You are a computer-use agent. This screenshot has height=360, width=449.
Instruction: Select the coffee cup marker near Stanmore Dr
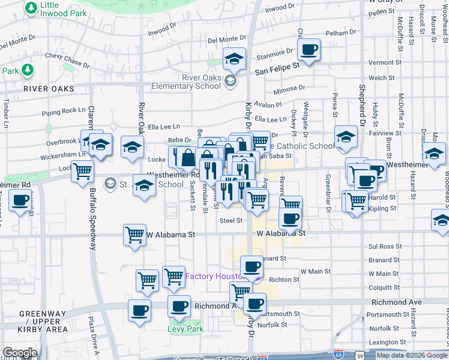pyautogui.click(x=309, y=50)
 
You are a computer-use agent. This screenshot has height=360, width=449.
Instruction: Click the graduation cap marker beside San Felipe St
pyautogui.click(x=234, y=59)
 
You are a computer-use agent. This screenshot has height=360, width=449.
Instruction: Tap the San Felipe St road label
pyautogui.click(x=277, y=70)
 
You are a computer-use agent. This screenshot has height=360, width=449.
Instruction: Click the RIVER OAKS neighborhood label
pyautogui.click(x=49, y=89)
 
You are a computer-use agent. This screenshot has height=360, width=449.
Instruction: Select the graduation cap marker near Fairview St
pyautogui.click(x=346, y=137)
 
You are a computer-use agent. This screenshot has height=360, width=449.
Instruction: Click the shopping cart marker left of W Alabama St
pyautogui.click(x=135, y=234)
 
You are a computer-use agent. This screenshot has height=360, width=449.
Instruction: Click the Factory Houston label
pyautogui.click(x=212, y=276)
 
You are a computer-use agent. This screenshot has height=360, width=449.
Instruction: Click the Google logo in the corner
pyautogui.click(x=20, y=353)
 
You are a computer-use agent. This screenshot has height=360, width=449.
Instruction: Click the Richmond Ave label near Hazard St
pyautogui.click(x=394, y=303)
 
